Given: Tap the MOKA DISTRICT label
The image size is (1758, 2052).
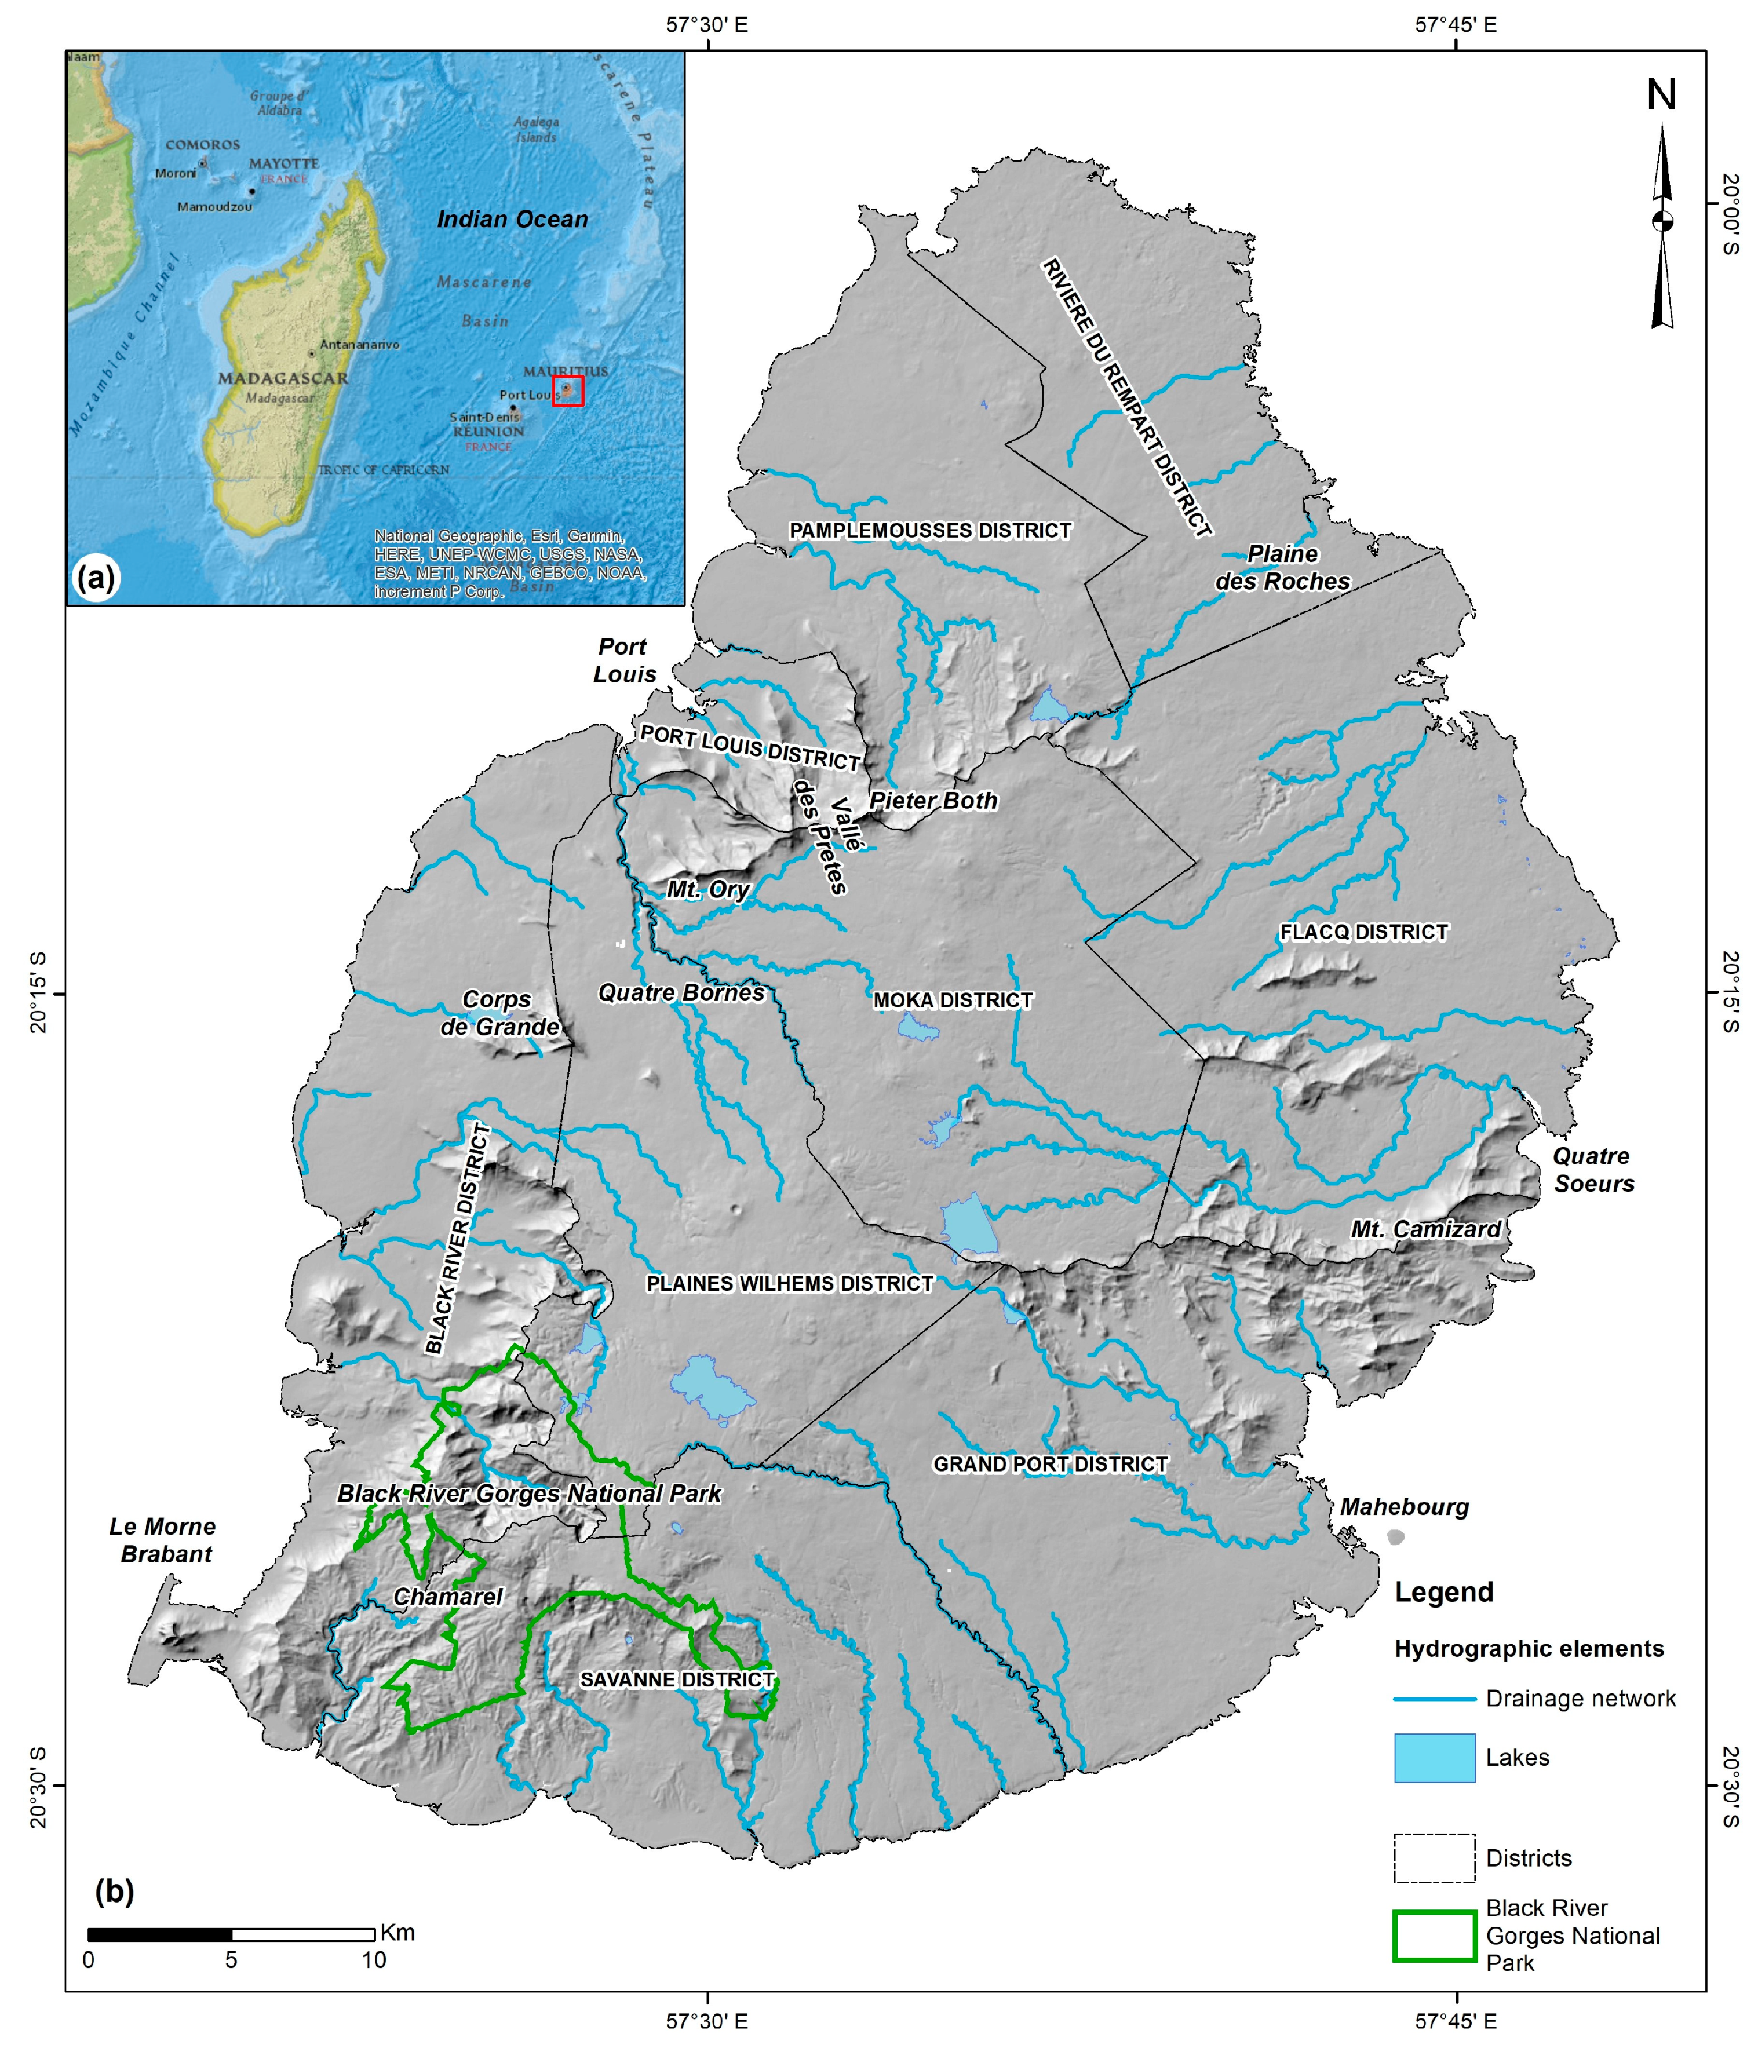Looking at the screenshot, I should pyautogui.click(x=952, y=1001).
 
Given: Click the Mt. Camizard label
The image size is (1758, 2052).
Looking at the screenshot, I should pyautogui.click(x=1425, y=1229).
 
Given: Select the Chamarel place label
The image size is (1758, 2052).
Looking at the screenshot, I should pyautogui.click(x=448, y=1597).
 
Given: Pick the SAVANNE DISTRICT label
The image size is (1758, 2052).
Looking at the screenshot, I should pyautogui.click(x=676, y=1679).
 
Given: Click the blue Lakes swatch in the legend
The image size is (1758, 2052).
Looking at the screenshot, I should pyautogui.click(x=1433, y=1758).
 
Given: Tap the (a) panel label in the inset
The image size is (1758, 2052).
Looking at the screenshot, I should pyautogui.click(x=95, y=578).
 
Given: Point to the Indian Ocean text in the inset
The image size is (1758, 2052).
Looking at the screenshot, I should pyautogui.click(x=512, y=220).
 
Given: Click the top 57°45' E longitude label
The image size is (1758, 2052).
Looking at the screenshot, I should pyautogui.click(x=1455, y=25).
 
